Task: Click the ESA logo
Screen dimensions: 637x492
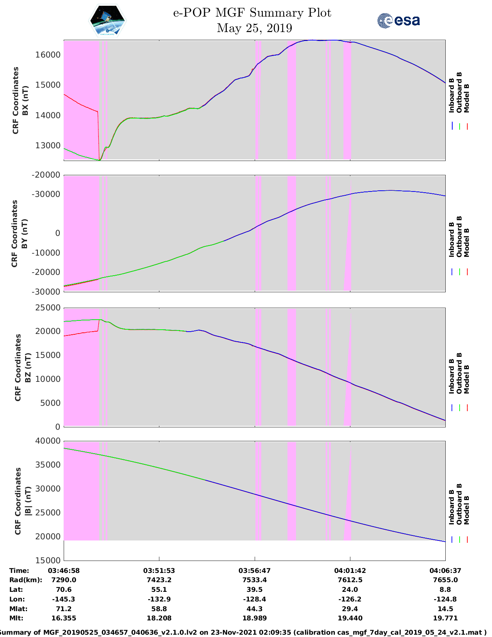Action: (398, 20)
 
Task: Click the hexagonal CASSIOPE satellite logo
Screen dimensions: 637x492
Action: (108, 21)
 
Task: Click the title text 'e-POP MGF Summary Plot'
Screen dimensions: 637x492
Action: (252, 13)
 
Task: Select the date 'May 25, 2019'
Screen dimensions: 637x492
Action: (254, 28)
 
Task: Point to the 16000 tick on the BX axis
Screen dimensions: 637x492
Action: (48, 55)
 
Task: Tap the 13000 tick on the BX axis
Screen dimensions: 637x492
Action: (48, 146)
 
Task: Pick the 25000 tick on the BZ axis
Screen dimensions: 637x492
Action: (48, 308)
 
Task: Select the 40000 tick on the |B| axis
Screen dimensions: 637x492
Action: (48, 441)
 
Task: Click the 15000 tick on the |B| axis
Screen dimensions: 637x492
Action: (48, 560)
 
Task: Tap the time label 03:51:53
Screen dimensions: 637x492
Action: (159, 571)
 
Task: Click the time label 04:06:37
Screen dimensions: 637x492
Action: (445, 571)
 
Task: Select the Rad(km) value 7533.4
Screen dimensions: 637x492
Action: (254, 580)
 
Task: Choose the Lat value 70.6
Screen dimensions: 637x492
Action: (64, 590)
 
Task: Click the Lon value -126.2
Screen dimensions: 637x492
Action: (350, 599)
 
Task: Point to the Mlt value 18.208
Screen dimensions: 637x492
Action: (159, 618)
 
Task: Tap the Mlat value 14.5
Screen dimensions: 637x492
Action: (445, 609)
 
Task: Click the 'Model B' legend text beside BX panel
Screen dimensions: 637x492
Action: (467, 98)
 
